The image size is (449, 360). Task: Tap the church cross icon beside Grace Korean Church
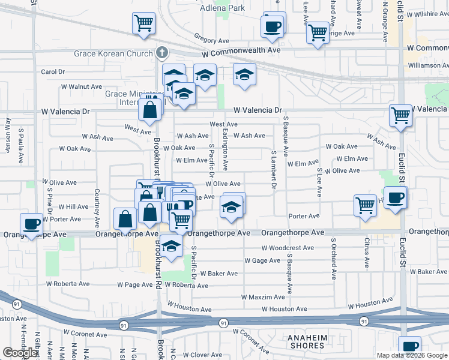[x=161, y=53]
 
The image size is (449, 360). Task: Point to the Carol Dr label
[x=53, y=72]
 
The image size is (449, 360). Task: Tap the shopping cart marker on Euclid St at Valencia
[x=400, y=115]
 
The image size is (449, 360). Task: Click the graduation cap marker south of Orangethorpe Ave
[x=171, y=246]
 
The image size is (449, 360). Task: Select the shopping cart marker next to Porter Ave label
[x=365, y=206]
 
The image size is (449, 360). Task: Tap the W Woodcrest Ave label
[x=288, y=248]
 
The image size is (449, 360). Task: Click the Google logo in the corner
[x=20, y=353]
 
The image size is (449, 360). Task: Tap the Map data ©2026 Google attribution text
[x=411, y=355]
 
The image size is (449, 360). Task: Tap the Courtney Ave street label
[x=97, y=205]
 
